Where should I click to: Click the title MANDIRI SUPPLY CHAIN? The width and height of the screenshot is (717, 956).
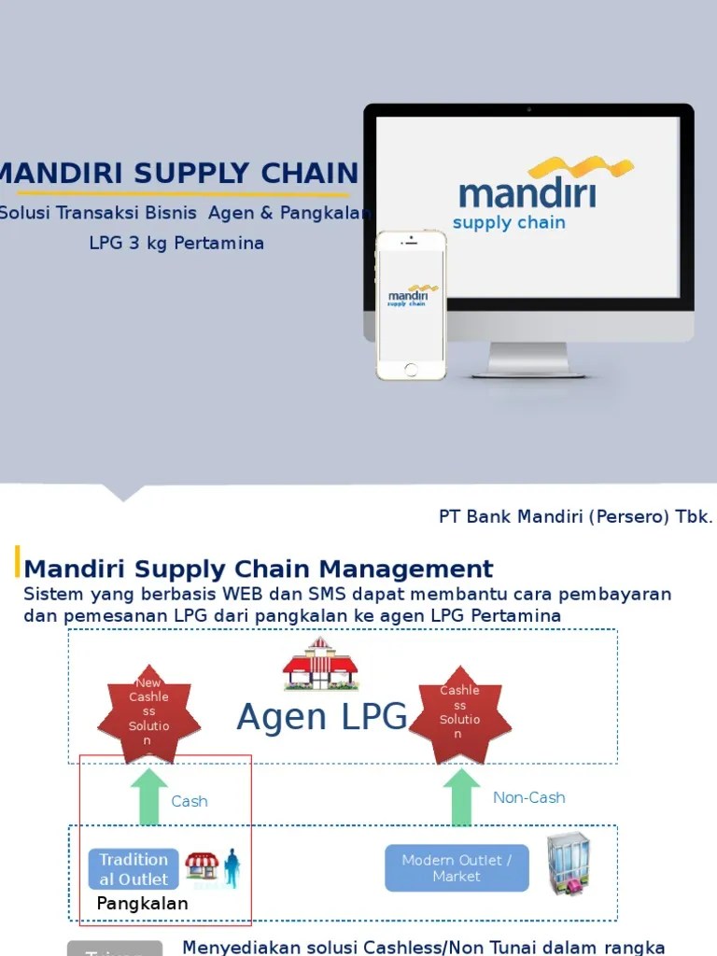[177, 173]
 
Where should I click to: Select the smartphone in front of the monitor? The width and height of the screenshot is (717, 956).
[411, 305]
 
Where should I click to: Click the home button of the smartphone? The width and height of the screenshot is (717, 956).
[411, 369]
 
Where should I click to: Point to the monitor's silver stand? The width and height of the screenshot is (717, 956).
[527, 358]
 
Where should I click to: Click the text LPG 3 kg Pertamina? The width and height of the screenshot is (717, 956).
[176, 244]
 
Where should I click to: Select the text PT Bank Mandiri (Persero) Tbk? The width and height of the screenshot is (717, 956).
[575, 517]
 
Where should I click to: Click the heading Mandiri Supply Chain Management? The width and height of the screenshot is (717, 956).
[259, 569]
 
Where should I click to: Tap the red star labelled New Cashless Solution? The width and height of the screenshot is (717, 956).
[149, 711]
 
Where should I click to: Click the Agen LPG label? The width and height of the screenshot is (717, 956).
[322, 717]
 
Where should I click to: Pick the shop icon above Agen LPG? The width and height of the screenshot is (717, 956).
[320, 664]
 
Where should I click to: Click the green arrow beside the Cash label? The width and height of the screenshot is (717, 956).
[149, 797]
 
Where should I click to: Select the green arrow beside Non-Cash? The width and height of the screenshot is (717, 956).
[460, 797]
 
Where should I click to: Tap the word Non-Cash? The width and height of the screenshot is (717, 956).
[528, 797]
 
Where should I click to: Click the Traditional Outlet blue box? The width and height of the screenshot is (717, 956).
[134, 868]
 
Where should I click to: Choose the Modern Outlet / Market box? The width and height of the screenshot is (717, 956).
[457, 868]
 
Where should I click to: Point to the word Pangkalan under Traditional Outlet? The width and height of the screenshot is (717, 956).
[142, 904]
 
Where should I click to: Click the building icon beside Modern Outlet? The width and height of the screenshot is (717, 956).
[567, 862]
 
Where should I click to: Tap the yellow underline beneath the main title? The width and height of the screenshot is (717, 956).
[182, 193]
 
